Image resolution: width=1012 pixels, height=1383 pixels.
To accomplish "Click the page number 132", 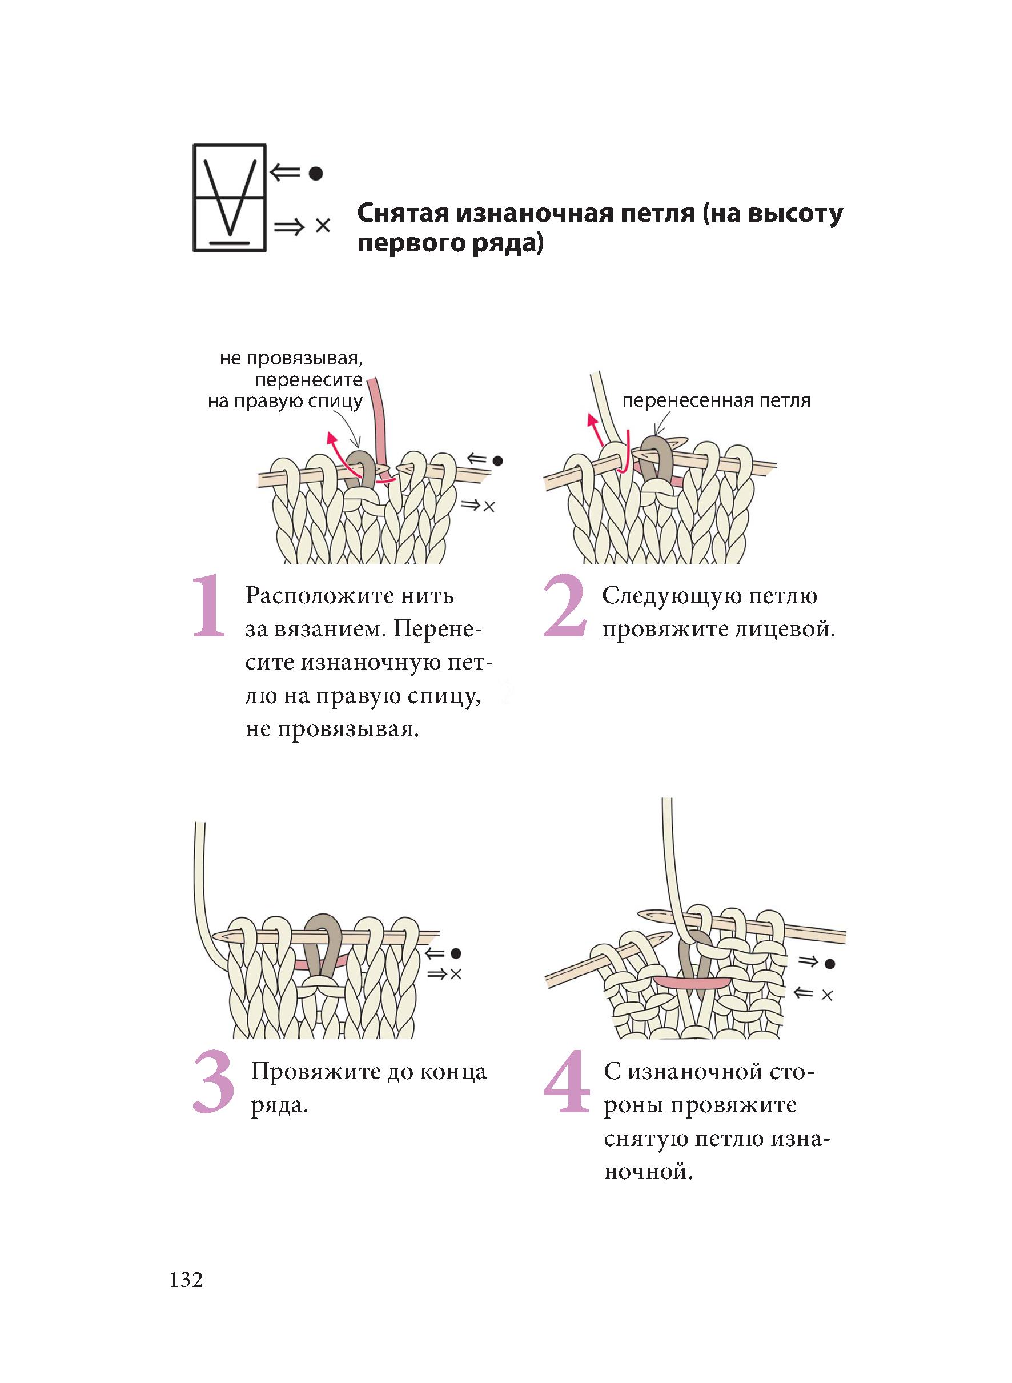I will click(186, 1280).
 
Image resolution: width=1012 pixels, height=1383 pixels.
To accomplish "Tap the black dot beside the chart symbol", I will click(315, 174).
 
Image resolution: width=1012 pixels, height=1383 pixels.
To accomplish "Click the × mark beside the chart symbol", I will click(323, 226).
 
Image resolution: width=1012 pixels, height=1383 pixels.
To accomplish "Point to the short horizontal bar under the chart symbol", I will click(230, 243).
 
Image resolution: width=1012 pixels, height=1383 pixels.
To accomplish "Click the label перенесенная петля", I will click(716, 401).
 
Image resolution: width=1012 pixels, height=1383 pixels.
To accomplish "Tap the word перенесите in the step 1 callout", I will click(309, 380).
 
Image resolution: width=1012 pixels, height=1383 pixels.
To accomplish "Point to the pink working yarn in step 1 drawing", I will click(380, 423).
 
